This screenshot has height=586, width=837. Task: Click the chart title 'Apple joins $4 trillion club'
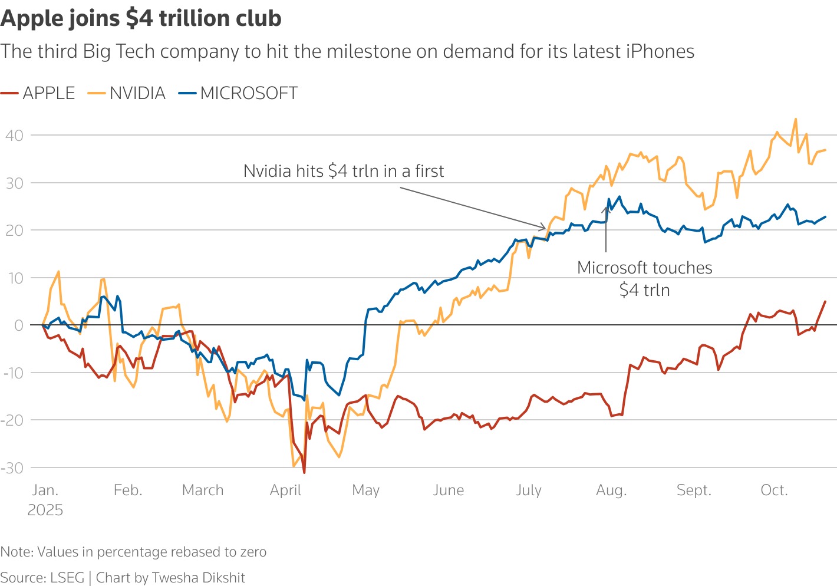point(141,19)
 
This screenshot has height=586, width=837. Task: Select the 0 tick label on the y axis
point(19,325)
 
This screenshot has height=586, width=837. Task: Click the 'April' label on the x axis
point(285,490)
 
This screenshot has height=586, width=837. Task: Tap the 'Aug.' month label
point(611,490)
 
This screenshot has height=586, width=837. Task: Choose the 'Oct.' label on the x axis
point(773,490)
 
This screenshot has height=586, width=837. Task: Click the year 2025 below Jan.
point(45,511)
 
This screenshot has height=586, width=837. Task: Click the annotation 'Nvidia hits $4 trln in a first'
point(344,171)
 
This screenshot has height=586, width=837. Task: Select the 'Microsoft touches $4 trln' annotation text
point(644,279)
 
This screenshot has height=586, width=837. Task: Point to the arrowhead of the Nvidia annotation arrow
point(545,228)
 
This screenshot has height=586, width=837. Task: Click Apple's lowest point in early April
point(304,472)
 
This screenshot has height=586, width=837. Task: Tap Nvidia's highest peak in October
point(796,119)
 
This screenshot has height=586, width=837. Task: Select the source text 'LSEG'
point(67,578)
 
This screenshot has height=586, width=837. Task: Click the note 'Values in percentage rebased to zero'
point(151,552)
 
